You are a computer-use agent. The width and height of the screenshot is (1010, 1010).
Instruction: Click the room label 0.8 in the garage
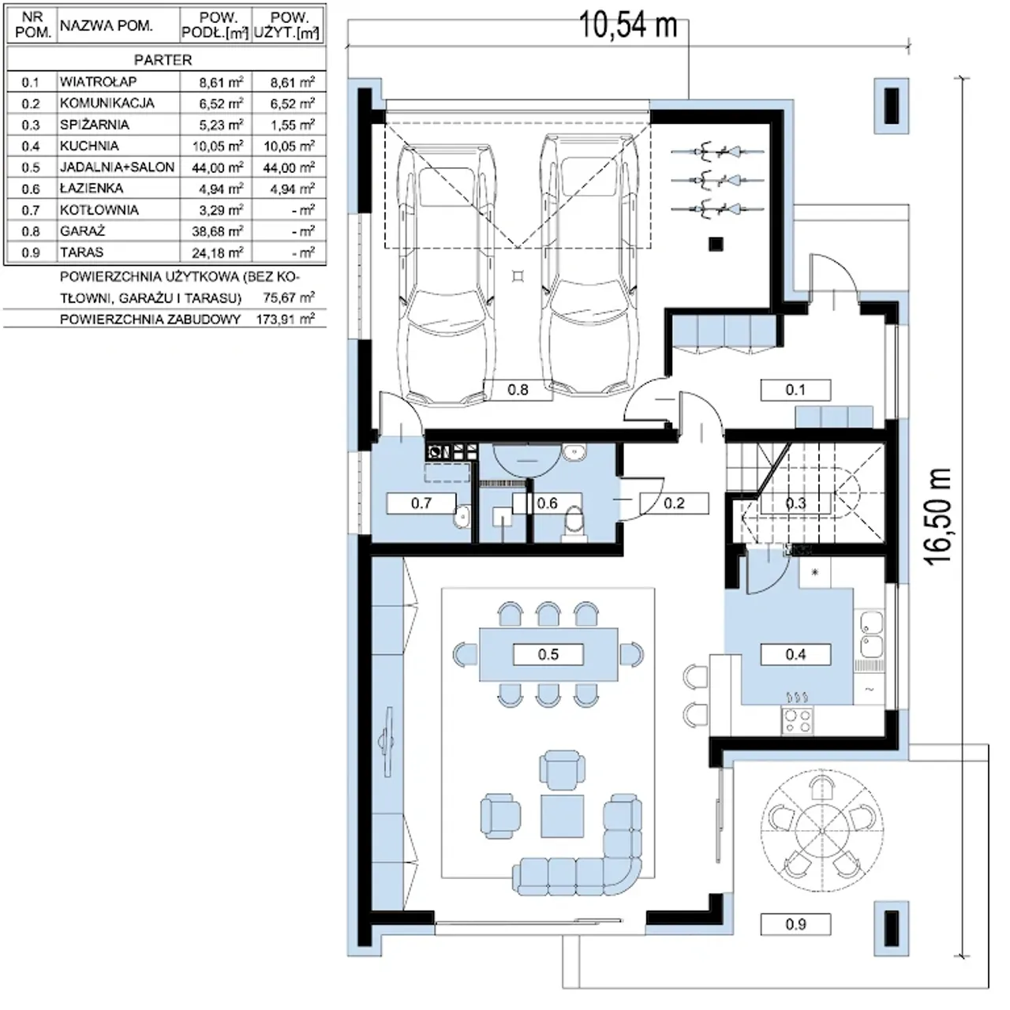(x=518, y=390)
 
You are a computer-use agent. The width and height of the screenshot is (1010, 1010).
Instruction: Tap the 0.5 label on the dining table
(x=548, y=655)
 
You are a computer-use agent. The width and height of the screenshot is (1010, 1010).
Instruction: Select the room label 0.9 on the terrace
(x=795, y=925)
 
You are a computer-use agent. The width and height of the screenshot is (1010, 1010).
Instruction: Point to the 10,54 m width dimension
(x=628, y=25)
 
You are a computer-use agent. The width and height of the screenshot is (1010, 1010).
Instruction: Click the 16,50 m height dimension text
(x=937, y=516)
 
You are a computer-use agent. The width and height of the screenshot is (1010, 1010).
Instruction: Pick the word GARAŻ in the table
(x=82, y=230)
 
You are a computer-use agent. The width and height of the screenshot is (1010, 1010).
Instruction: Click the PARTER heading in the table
(x=163, y=60)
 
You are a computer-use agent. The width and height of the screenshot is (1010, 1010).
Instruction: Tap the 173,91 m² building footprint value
(x=286, y=319)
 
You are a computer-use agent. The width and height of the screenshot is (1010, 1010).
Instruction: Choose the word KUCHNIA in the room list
(x=89, y=146)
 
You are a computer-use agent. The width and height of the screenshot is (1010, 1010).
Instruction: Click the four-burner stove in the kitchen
(x=797, y=720)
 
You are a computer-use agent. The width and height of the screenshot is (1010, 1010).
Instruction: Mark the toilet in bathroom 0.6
(x=574, y=522)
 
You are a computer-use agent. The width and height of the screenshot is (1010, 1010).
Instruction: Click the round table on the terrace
(x=821, y=831)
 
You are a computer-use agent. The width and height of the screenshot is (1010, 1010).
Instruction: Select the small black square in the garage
(x=716, y=244)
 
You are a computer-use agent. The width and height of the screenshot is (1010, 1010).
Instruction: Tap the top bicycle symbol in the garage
(x=717, y=151)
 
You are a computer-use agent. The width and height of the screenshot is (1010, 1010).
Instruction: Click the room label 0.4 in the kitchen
(x=795, y=655)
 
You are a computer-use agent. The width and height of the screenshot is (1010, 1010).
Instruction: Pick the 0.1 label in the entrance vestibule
(x=795, y=390)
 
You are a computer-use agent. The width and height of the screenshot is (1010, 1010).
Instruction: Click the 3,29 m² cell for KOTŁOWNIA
(x=221, y=210)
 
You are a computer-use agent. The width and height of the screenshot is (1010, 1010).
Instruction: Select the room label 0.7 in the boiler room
(x=421, y=503)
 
